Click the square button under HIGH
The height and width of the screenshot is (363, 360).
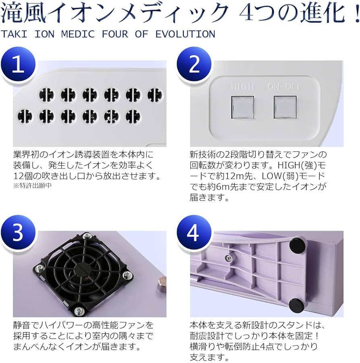242,107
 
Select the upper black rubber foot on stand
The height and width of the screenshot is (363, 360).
297,244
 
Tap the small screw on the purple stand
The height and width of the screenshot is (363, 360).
228,258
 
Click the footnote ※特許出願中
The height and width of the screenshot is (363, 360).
33,186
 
